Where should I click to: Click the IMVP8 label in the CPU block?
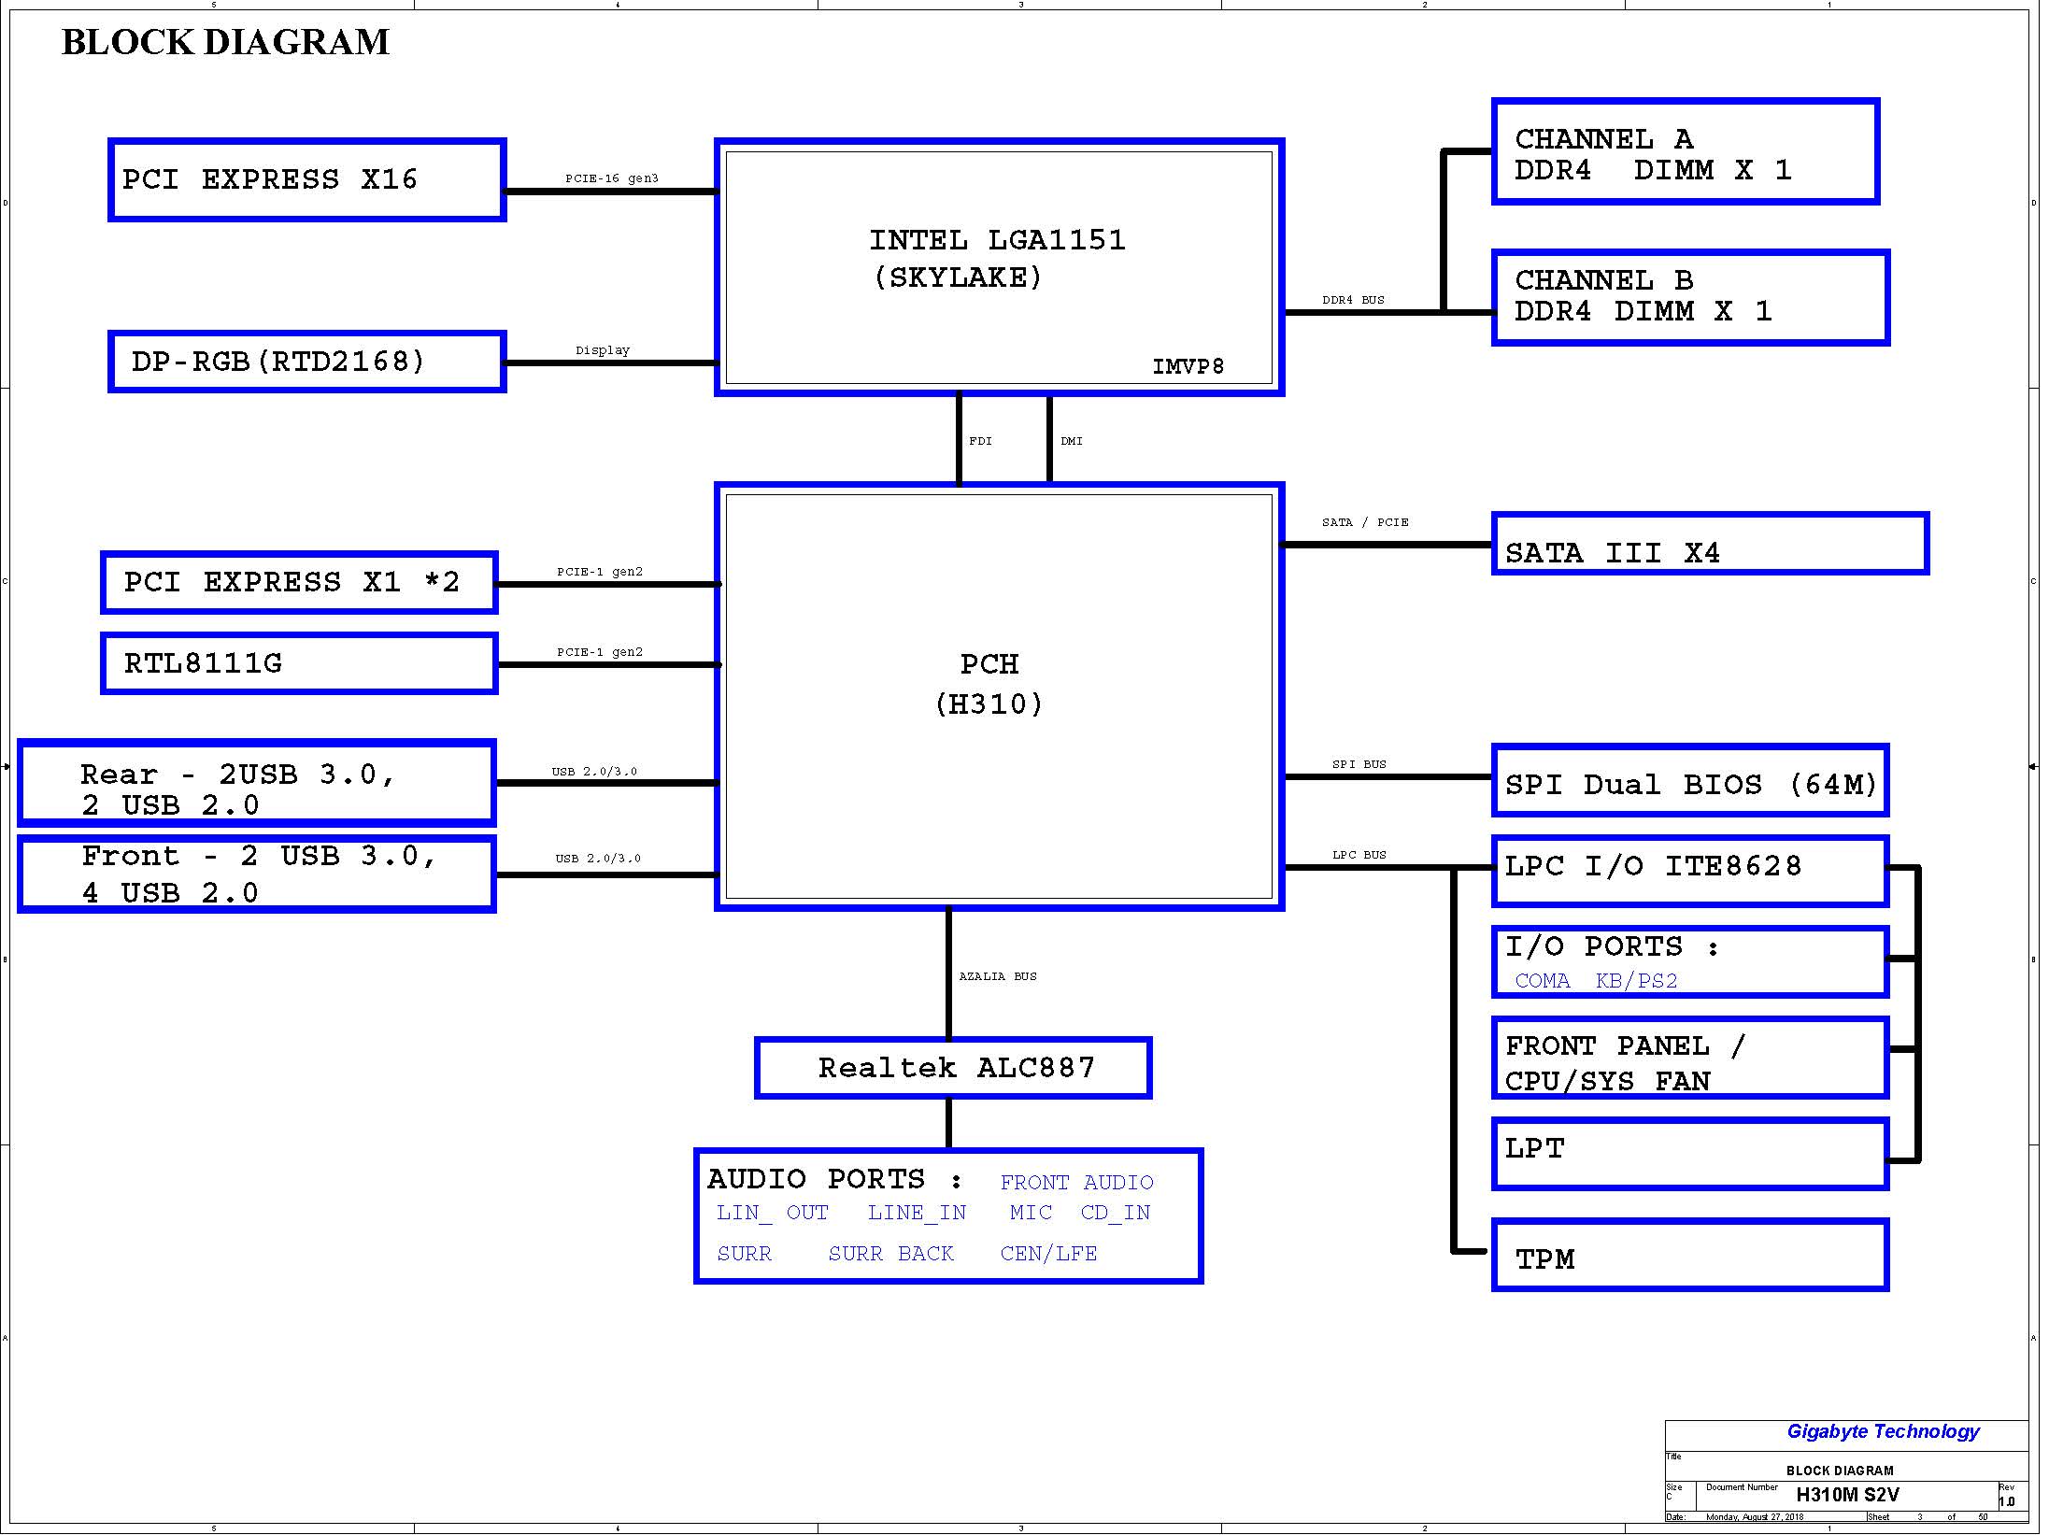coord(1188,366)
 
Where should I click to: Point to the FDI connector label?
coord(980,441)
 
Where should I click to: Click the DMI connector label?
coord(1072,441)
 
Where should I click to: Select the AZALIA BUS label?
coord(998,976)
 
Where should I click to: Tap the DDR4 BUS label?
coord(1353,300)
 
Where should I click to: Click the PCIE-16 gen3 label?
coord(612,178)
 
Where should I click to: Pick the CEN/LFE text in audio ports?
coord(1048,1254)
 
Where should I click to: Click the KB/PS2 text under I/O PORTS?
coord(1636,981)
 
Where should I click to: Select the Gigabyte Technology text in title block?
coord(1883,1431)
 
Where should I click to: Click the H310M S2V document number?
coord(1847,1495)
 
